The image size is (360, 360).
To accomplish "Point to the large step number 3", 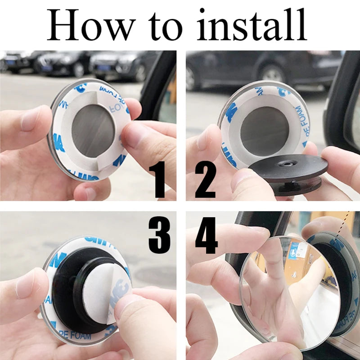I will (x=160, y=234).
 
